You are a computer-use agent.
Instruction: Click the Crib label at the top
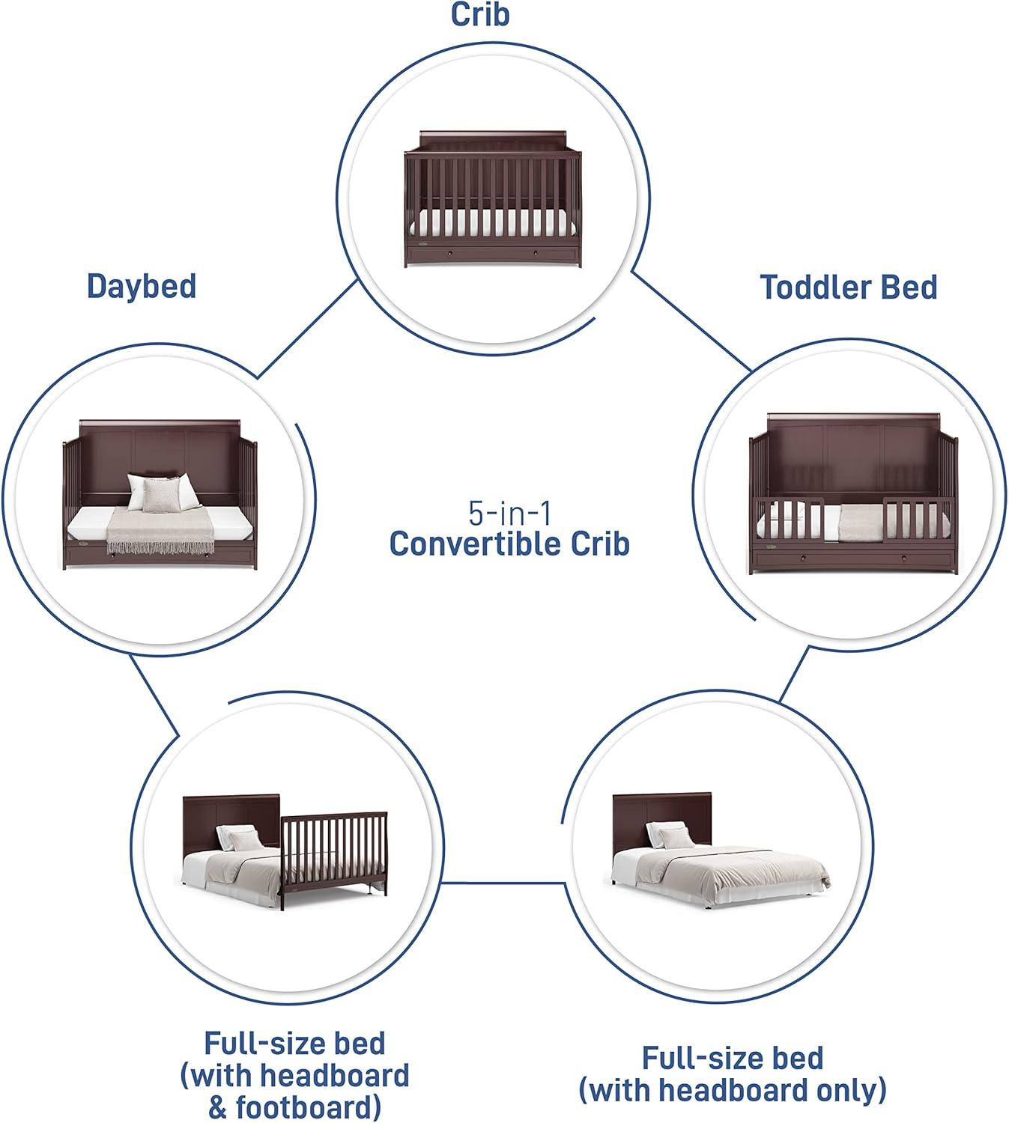tap(479, 14)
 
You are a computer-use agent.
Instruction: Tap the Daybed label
tap(142, 286)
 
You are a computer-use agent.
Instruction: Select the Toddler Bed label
tap(849, 287)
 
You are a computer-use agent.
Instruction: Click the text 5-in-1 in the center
tap(509, 514)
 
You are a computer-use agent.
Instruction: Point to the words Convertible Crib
tap(509, 544)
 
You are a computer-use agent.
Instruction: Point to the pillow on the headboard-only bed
tap(666, 833)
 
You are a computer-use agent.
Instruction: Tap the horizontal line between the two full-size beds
tap(500, 882)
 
